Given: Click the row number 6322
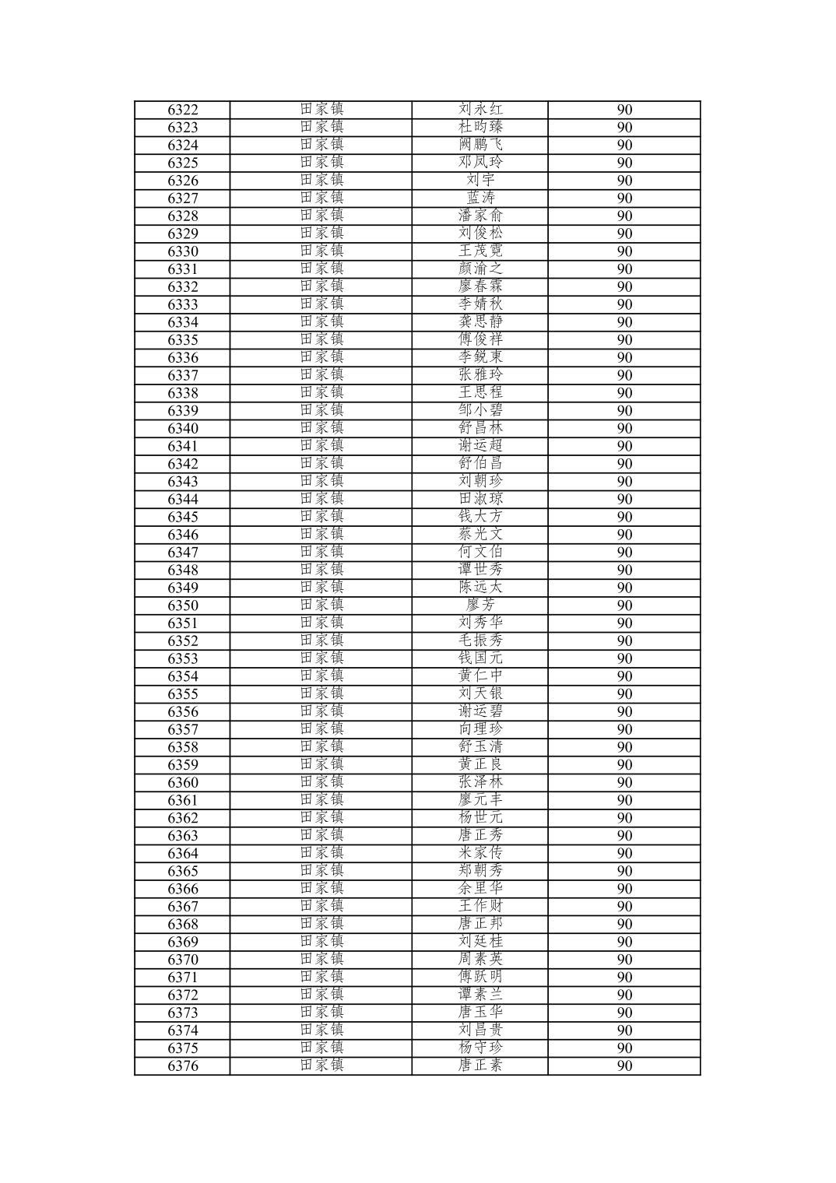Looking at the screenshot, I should [183, 110].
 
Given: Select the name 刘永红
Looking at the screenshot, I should [480, 110].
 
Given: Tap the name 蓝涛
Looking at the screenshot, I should [480, 198].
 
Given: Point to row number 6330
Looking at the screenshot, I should [183, 251].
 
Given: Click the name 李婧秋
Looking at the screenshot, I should [480, 304].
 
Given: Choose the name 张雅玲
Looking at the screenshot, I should [480, 375].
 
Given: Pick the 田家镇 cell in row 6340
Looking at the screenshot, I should [321, 428].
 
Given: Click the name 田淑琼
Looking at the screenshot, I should [480, 499].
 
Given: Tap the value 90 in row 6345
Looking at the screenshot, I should [624, 517].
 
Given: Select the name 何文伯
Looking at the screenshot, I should [480, 553].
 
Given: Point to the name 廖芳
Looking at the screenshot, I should [480, 606].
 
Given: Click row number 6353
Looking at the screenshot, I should [183, 658].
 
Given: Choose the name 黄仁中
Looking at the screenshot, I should [480, 676].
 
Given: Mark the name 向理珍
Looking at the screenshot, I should [480, 729].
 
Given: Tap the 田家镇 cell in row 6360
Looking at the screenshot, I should [321, 782].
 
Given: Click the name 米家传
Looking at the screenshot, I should [480, 853].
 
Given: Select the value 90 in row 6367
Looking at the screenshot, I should [624, 907].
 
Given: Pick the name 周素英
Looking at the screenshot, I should [480, 960].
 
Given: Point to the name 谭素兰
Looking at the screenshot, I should [480, 995].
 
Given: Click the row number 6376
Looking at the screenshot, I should [183, 1066].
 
